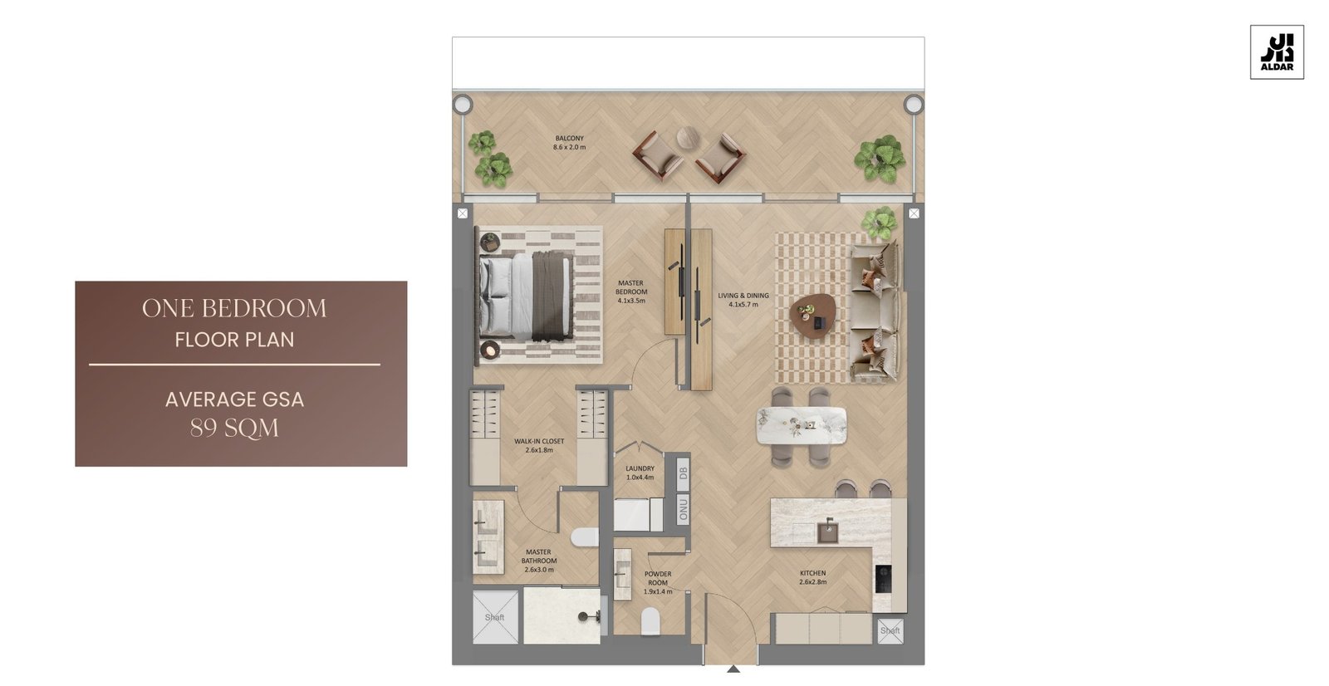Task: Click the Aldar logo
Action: tap(1277, 52)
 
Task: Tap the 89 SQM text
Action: tap(234, 428)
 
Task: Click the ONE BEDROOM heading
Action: tap(234, 308)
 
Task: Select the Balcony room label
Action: tap(569, 142)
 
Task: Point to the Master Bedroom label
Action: tap(630, 292)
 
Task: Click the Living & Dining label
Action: tap(743, 300)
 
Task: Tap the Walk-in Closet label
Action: tap(539, 446)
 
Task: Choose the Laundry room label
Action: tap(640, 473)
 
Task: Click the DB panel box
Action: tap(683, 473)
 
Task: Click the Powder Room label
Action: tap(658, 583)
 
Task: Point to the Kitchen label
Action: tap(813, 577)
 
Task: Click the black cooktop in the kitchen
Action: tap(883, 579)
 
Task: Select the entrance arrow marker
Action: tap(733, 669)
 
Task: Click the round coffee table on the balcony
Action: tap(689, 138)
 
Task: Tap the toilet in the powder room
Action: tap(650, 620)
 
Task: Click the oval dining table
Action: tap(802, 425)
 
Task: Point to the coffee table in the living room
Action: tap(812, 316)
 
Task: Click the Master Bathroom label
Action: tap(539, 561)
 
